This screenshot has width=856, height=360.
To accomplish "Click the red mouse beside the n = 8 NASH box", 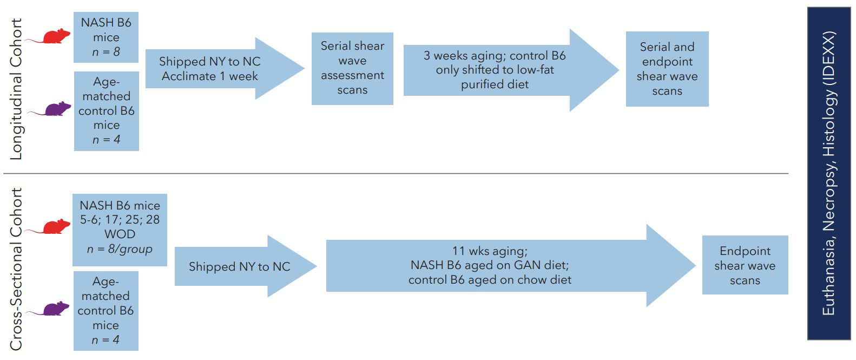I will coord(56,37).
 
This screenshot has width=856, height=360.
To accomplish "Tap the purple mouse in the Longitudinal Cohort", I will coord(57,109).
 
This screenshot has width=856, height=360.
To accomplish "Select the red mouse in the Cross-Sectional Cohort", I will coord(56,227).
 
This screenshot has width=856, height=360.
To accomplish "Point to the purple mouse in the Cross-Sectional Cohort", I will coord(56,309).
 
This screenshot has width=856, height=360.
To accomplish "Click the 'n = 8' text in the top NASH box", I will coord(106,53).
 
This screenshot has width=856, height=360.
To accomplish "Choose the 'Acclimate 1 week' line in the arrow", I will coord(210,76).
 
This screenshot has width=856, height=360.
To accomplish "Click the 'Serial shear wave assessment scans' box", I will coord(352,68).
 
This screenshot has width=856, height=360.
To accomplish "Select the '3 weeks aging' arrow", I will coord(495,70).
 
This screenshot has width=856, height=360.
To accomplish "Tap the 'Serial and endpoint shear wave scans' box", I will coord(667,69).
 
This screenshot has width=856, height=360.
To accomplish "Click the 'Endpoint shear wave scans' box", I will coord(745,265).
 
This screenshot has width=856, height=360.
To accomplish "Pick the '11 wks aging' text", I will coord(490,251).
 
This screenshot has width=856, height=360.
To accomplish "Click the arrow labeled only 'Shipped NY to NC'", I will coord(240,266).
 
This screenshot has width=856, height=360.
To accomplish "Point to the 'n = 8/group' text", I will coord(120,250).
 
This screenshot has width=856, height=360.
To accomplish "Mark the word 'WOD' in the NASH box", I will coord(120,234).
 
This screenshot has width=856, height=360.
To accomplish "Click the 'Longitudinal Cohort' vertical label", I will coord(17,89).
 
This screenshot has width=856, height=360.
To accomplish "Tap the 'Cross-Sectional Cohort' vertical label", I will coord(17,269).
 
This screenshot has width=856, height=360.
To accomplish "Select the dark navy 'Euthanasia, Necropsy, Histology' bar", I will coord(828,173).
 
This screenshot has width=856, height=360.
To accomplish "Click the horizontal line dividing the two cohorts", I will coord(395,174).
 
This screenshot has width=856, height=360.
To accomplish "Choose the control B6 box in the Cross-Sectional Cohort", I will coord(106,311).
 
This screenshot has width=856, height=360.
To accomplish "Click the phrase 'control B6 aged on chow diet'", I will coord(490,280).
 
